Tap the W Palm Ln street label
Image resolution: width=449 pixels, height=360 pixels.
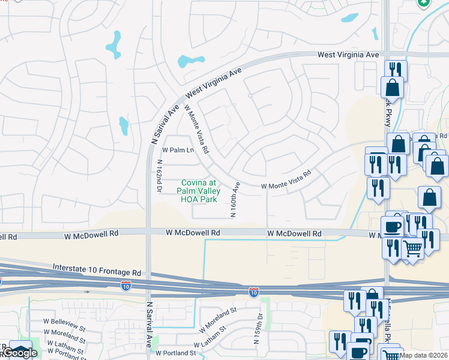click(178, 150)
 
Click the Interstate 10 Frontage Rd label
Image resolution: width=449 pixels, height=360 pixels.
click(97, 269)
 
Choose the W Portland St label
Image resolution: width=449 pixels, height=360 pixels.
click(176, 353)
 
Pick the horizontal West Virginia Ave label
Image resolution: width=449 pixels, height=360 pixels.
click(348, 55)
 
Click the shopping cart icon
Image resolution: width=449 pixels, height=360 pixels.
click(412, 247)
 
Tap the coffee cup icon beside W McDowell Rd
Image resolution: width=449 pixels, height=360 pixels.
click(393, 227)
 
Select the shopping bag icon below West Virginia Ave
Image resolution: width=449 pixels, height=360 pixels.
click(393, 88)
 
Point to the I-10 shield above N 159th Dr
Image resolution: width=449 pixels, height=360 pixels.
click(254, 292)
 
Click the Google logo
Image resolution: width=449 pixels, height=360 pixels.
click(19, 353)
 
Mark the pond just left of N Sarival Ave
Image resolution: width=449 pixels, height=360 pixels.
click(124, 125)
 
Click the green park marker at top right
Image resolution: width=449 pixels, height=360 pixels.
click(424, 3)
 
